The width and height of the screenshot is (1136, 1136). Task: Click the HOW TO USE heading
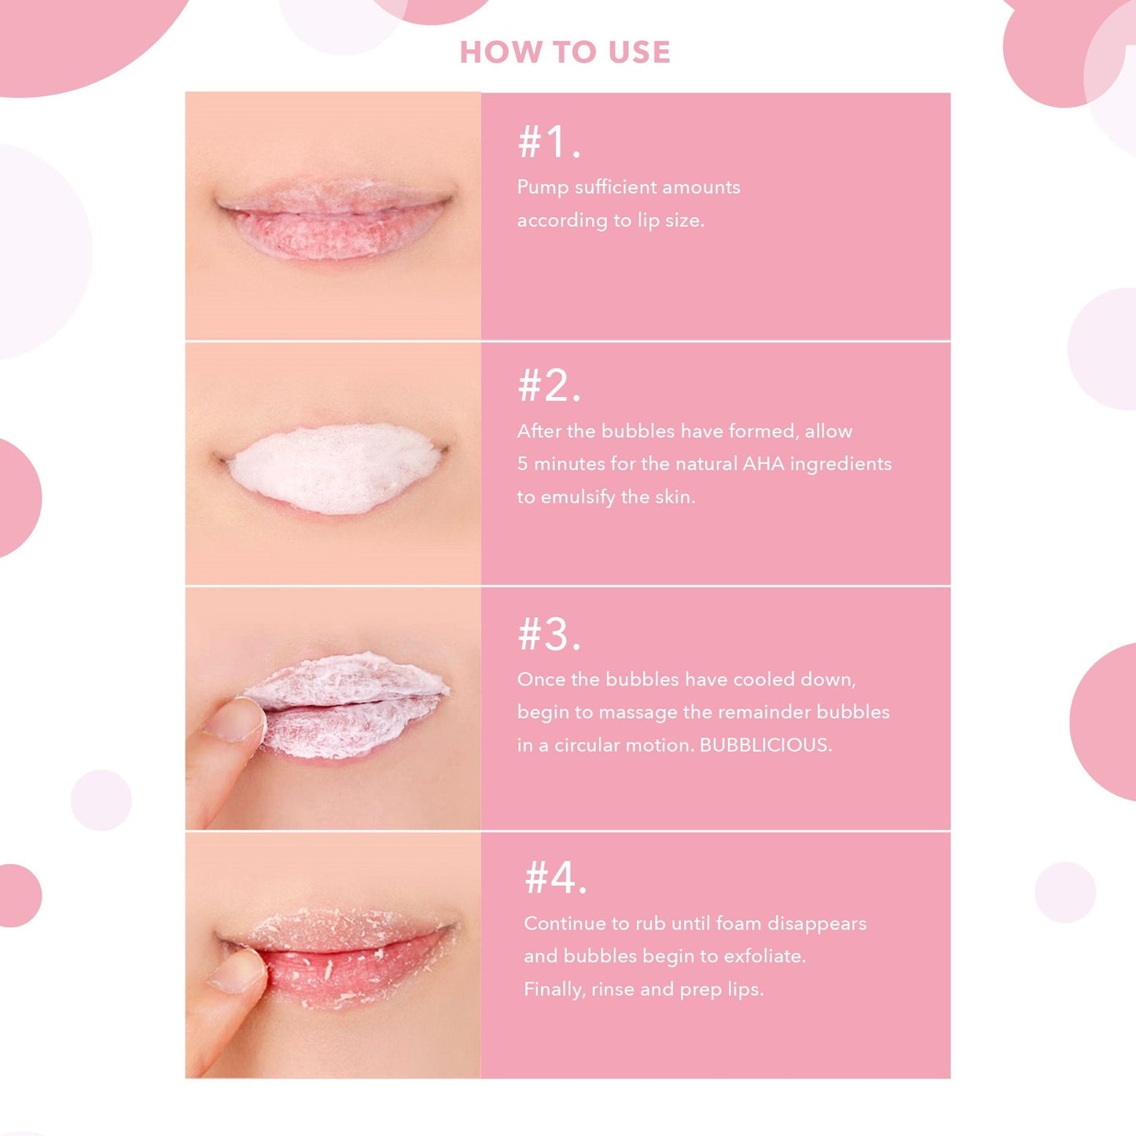tap(564, 53)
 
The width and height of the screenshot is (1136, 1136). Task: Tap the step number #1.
tap(549, 142)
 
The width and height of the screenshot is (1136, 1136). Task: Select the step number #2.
tap(549, 386)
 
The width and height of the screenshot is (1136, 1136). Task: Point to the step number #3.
tap(549, 634)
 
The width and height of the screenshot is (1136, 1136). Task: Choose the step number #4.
tap(556, 878)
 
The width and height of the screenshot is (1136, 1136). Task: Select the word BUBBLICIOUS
tap(764, 745)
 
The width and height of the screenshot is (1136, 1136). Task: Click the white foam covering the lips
tap(334, 469)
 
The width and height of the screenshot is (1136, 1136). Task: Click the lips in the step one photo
tap(334, 224)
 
